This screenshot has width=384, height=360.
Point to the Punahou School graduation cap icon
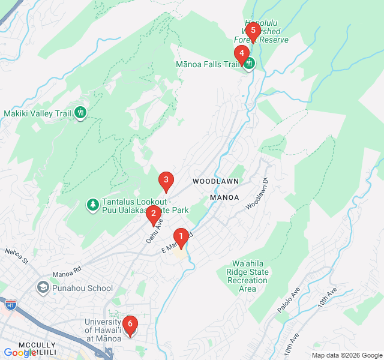point(43,288)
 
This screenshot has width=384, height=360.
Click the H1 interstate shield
point(11,305)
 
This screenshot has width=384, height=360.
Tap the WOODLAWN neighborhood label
point(216,181)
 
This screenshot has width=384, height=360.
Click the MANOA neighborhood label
point(225,197)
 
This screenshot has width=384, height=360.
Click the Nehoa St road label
point(17,256)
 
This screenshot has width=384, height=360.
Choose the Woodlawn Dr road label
point(257,193)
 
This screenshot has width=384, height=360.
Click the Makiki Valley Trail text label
point(37,113)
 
